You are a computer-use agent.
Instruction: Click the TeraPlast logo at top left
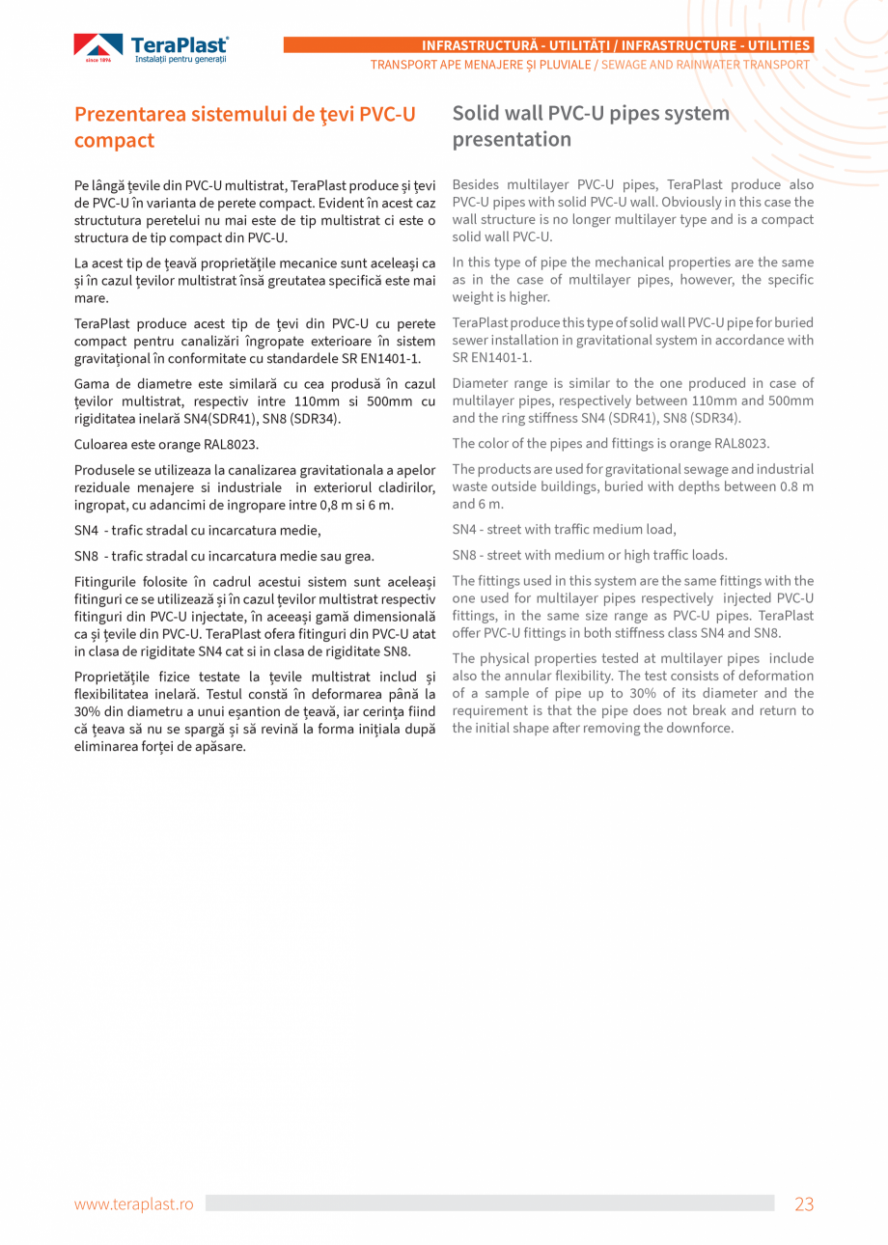[152, 48]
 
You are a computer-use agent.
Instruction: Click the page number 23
[804, 1203]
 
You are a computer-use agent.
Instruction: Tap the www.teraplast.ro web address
[134, 1203]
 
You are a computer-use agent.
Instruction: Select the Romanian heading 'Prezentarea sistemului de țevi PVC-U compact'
[245, 127]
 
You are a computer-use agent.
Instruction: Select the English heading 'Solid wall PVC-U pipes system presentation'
[591, 126]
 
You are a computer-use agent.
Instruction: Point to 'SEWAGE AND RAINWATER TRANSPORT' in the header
[706, 65]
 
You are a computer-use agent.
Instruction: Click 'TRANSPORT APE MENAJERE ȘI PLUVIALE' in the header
[481, 65]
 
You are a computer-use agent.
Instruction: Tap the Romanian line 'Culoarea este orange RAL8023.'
[167, 445]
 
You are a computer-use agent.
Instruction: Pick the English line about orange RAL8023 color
[610, 444]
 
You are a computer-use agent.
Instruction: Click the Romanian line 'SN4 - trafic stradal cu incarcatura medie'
[198, 531]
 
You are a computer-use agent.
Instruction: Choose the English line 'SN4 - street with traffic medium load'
[564, 530]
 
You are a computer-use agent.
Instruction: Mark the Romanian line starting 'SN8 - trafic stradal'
[224, 557]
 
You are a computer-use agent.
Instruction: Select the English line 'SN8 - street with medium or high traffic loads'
[590, 556]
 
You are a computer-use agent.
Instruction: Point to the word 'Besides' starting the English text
[475, 184]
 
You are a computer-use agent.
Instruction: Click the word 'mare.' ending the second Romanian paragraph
[91, 298]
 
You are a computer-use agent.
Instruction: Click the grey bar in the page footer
[489, 1203]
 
